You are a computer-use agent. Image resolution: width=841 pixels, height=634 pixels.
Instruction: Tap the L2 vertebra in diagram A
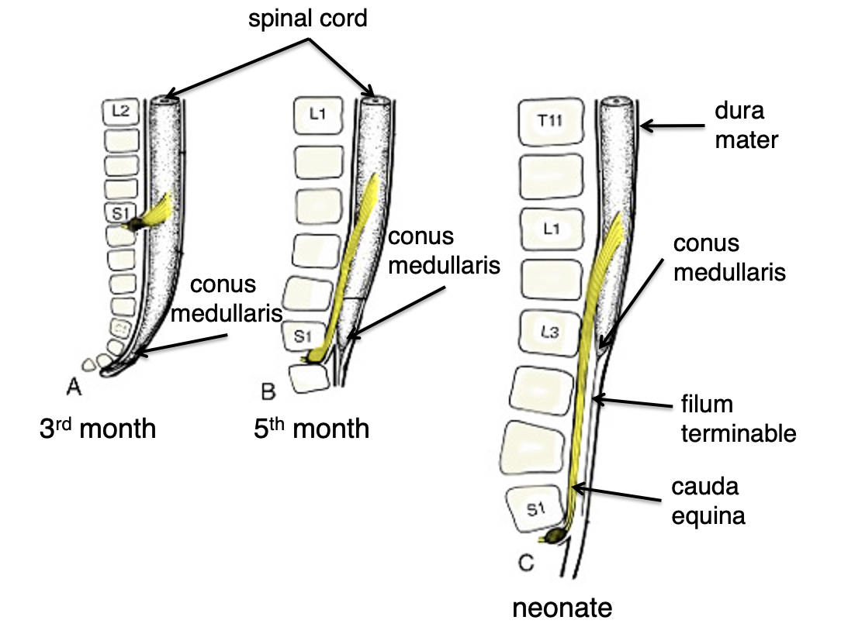pyautogui.click(x=121, y=112)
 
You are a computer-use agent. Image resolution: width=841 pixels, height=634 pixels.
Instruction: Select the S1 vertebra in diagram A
pyautogui.click(x=120, y=210)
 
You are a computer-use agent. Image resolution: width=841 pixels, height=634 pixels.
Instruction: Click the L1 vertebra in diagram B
pyautogui.click(x=316, y=115)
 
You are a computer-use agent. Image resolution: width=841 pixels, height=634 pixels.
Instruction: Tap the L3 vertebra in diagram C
pyautogui.click(x=548, y=333)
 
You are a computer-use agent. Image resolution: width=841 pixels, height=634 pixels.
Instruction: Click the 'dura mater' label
pyautogui.click(x=740, y=126)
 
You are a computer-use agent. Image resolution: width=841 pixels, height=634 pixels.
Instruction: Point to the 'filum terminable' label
pyautogui.click(x=738, y=419)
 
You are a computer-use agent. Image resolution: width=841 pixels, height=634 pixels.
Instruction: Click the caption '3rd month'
pyautogui.click(x=98, y=429)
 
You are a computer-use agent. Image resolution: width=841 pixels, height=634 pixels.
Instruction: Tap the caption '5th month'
pyautogui.click(x=311, y=429)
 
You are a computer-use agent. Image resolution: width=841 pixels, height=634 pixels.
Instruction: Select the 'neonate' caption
pyautogui.click(x=562, y=608)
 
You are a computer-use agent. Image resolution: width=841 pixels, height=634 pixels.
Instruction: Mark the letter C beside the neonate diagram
pyautogui.click(x=525, y=563)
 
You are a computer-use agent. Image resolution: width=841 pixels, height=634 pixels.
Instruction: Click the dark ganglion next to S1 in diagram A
pyautogui.click(x=135, y=224)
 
